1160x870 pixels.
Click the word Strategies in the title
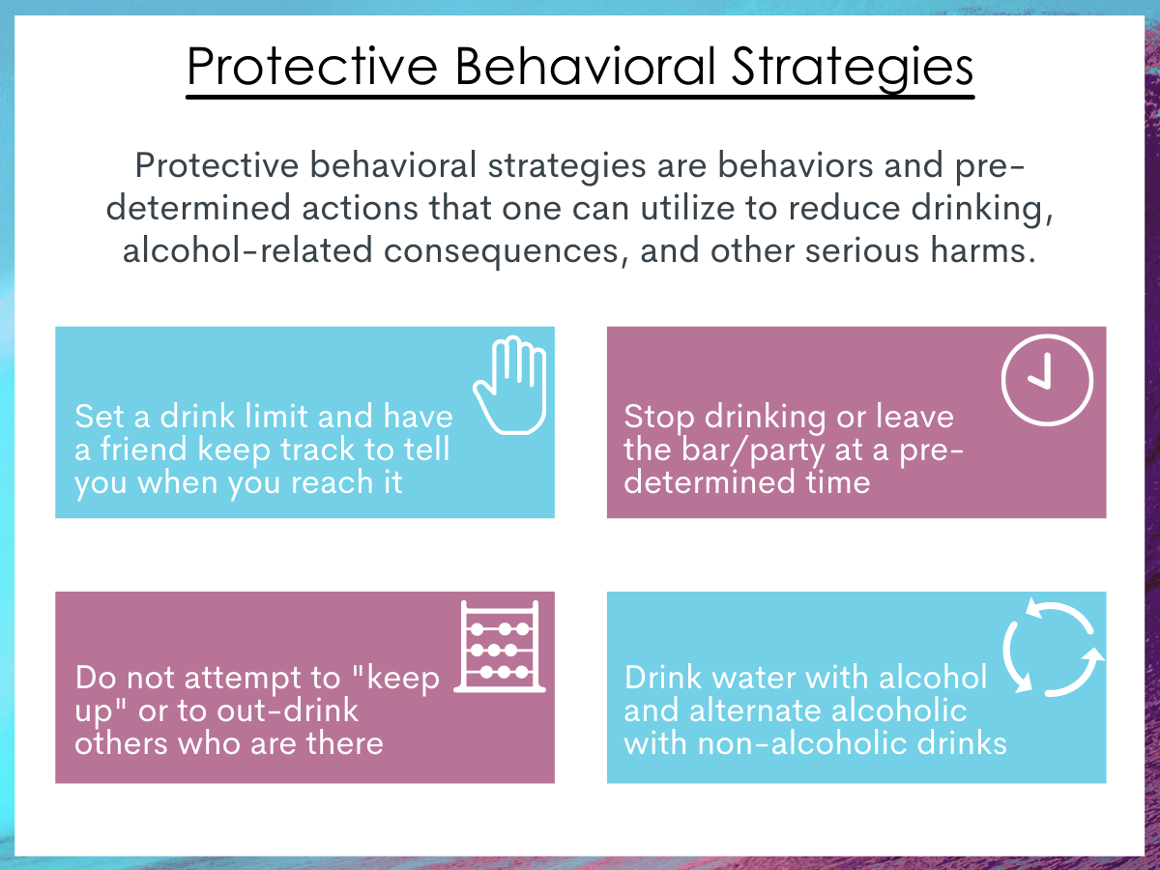(x=852, y=68)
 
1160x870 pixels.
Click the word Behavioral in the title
(x=585, y=66)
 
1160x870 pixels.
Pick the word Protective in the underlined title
(x=312, y=66)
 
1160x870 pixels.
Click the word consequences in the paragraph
(x=501, y=251)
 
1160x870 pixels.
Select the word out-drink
(x=287, y=710)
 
